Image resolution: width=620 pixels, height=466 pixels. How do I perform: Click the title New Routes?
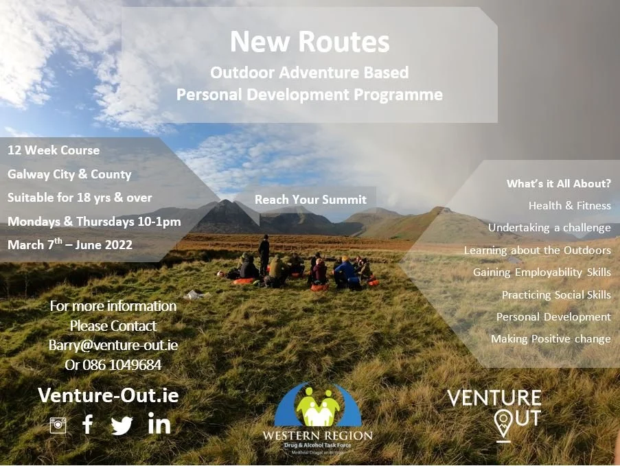tap(310, 42)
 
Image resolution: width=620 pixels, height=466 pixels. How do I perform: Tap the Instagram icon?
tap(58, 426)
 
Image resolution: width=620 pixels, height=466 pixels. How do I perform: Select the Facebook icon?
tap(88, 425)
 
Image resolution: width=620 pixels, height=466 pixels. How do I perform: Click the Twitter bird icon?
tap(122, 426)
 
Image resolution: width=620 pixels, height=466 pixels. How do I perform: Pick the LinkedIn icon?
tap(159, 424)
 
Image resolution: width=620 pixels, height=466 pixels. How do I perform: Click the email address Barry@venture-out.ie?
tap(113, 345)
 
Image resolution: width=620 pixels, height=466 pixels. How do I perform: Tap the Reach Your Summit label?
tap(310, 200)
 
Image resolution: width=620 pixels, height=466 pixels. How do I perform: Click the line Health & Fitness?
tap(569, 205)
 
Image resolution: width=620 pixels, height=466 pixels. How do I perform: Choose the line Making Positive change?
tap(551, 339)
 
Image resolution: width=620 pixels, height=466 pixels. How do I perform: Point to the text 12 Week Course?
tap(54, 150)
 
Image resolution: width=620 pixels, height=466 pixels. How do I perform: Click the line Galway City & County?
tap(69, 174)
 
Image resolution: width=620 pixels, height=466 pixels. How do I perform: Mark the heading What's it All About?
tap(558, 183)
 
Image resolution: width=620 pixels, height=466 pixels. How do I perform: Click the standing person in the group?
tap(264, 253)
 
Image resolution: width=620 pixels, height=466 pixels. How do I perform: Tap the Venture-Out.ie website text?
tap(108, 395)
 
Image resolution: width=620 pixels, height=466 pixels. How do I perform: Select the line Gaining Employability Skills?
tap(542, 272)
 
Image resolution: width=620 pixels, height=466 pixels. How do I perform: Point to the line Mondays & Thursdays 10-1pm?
tap(94, 222)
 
